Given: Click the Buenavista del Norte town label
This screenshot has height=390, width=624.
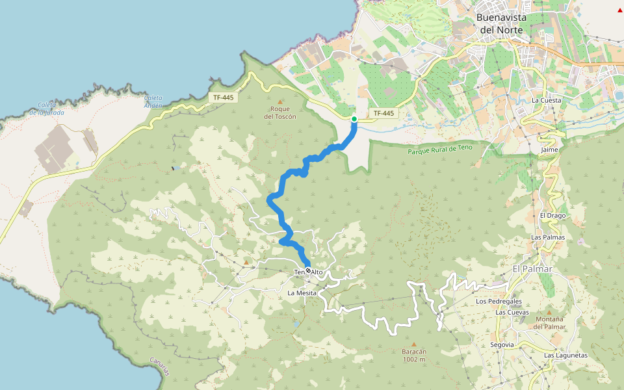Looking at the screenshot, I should [x=501, y=23].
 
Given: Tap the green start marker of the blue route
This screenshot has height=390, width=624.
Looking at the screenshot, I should [x=354, y=119].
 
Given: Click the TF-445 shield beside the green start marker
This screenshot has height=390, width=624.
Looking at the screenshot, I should [x=383, y=114].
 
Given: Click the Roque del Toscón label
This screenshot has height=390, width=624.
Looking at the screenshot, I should [x=280, y=112].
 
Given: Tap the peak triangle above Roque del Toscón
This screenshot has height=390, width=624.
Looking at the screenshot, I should [x=281, y=101].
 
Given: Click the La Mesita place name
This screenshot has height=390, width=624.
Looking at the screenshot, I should [x=302, y=293].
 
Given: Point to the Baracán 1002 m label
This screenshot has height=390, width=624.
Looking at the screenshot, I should [x=413, y=356].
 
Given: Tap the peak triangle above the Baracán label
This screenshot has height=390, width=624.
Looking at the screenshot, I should [x=414, y=344].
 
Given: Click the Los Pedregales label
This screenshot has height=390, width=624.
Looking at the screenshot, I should [x=499, y=302].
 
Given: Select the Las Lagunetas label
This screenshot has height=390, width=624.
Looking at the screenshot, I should [x=565, y=356].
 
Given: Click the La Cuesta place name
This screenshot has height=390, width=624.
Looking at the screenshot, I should [x=546, y=101].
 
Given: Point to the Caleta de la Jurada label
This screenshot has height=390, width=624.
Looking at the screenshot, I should [x=46, y=109].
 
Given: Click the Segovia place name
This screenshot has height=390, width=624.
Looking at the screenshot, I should [x=502, y=344].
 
